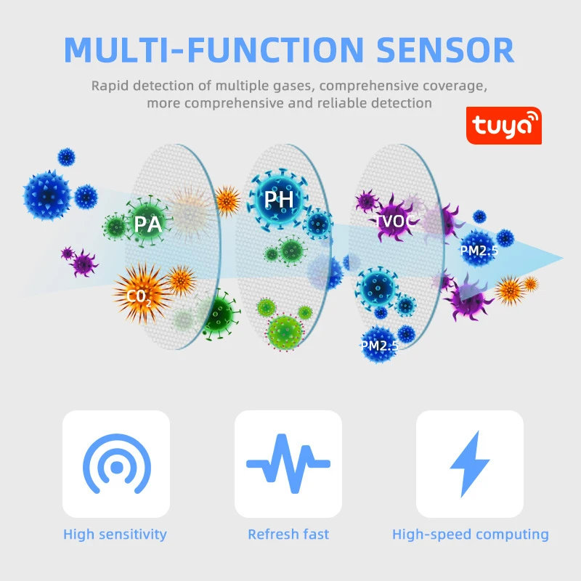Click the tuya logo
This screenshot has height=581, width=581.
[503, 126]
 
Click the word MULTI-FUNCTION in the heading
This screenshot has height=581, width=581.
[214, 49]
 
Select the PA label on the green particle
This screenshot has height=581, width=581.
[147, 224]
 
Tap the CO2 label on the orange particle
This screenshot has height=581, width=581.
[139, 296]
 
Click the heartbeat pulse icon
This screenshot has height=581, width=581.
[288, 464]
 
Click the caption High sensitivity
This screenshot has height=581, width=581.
[115, 535]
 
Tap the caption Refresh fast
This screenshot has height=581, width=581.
[288, 535]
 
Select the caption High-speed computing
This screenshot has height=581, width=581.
[470, 535]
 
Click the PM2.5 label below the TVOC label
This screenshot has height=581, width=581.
[479, 251]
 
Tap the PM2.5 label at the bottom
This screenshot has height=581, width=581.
[379, 346]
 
